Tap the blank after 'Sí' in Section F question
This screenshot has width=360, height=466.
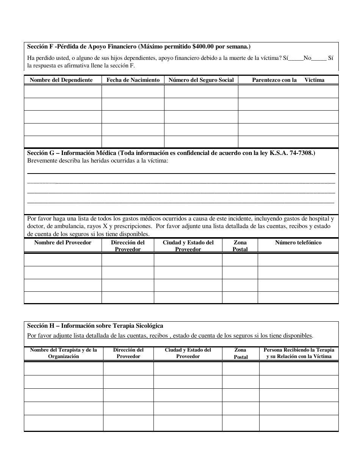point(296,58)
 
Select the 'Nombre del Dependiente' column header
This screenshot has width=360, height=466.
point(61,80)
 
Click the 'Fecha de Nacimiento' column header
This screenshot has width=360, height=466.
point(133,80)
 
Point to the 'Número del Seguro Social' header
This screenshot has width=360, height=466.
point(201,80)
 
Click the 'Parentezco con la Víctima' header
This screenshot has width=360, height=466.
point(288,80)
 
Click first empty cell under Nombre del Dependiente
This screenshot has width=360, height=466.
point(63,92)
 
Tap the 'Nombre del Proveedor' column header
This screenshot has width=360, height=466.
point(63,242)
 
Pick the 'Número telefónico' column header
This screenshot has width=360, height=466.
point(298,242)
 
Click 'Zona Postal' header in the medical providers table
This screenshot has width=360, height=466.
point(240,246)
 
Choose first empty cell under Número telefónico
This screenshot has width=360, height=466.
point(298,260)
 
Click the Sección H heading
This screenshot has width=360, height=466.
point(95,326)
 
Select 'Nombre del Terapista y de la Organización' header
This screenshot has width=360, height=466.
point(64,353)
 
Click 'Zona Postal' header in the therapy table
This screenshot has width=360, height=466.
point(240,353)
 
